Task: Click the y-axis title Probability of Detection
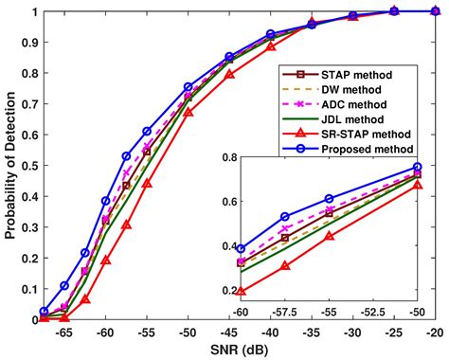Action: pyautogui.click(x=10, y=166)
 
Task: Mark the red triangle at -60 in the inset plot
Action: pyautogui.click(x=241, y=292)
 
